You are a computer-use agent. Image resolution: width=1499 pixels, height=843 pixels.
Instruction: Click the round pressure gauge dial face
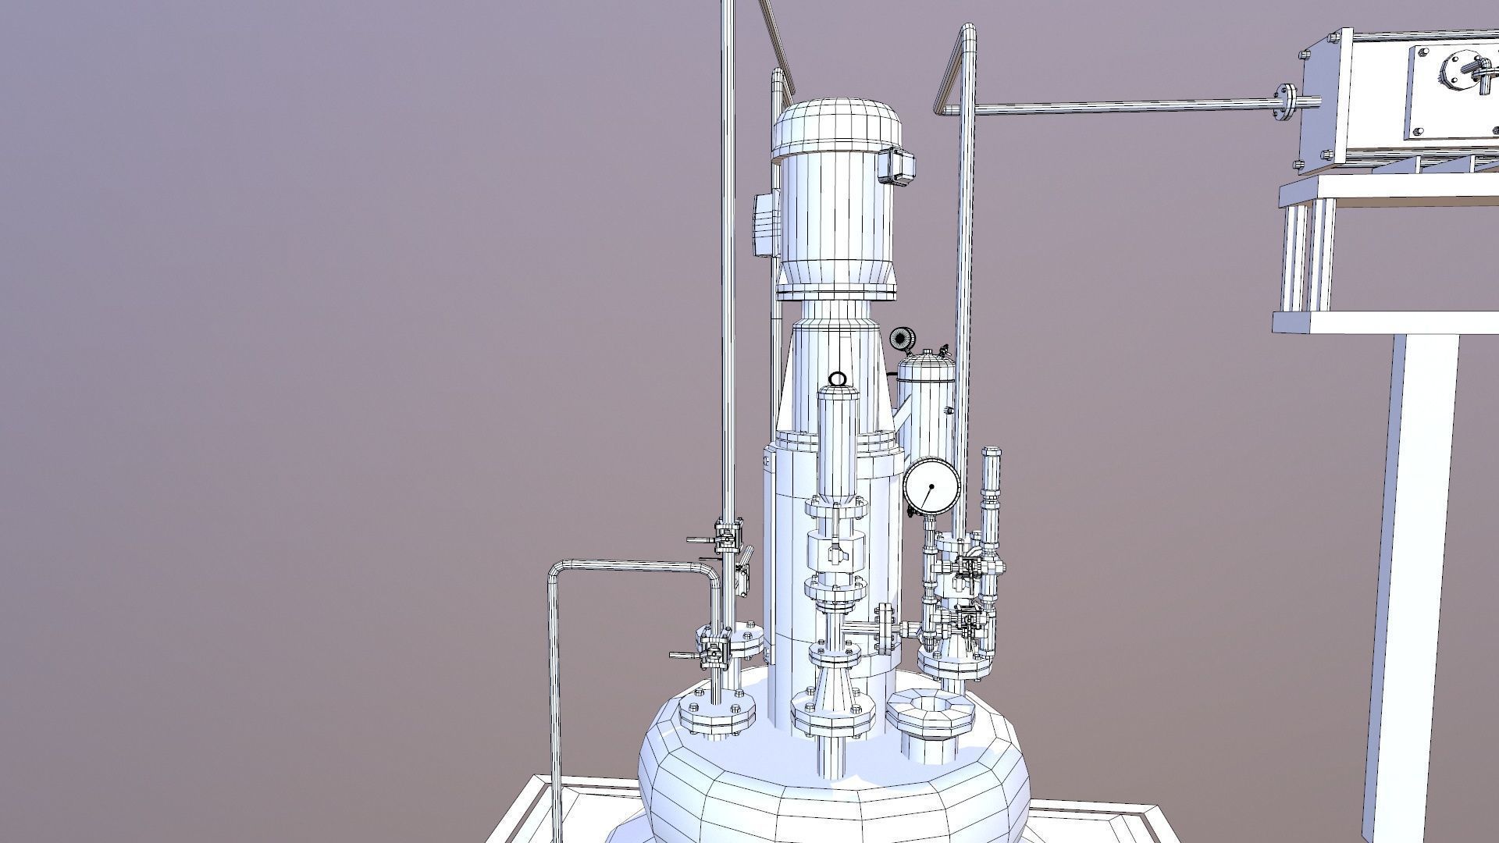point(931,486)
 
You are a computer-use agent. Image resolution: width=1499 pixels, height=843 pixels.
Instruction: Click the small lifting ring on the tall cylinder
point(836,380)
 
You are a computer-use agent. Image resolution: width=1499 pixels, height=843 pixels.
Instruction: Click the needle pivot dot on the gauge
point(931,486)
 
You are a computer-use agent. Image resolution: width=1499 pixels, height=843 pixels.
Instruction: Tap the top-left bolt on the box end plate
point(1304,55)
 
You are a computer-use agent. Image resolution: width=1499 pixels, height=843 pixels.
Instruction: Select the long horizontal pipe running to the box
point(1124,108)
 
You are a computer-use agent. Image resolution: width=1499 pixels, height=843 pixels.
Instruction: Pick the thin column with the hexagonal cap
point(991,500)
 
